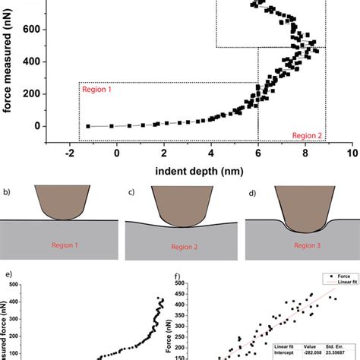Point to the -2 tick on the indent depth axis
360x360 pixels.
pos(69,153)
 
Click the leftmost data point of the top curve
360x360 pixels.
pos(88,126)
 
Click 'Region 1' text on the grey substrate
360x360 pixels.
pos(65,245)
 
